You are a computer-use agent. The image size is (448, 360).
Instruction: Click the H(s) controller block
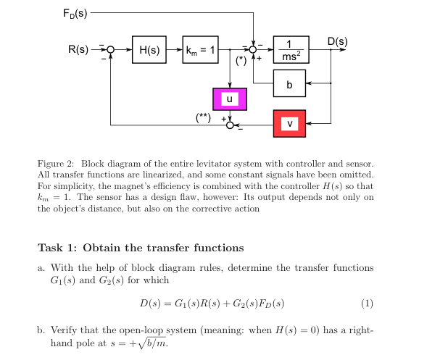coord(149,49)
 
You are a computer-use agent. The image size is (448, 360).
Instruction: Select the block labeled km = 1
coord(200,49)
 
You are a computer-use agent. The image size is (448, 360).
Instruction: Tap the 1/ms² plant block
coord(291,49)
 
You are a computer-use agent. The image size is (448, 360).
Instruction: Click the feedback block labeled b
coord(290,84)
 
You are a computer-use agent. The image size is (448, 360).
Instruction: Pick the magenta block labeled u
coord(230,99)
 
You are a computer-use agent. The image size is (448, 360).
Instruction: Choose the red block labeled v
coord(290,124)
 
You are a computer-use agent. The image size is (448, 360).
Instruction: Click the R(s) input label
coord(78,49)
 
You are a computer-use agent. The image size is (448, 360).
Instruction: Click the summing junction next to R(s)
coord(110,49)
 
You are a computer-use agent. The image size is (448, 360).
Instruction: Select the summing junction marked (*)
coord(253,49)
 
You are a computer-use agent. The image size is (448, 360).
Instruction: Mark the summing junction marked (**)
coord(230,125)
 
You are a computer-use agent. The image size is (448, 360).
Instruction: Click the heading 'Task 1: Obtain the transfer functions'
coord(141,248)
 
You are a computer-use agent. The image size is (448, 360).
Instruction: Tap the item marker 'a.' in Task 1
coord(42,268)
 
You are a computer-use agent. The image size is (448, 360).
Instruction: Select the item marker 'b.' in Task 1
coord(42,331)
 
